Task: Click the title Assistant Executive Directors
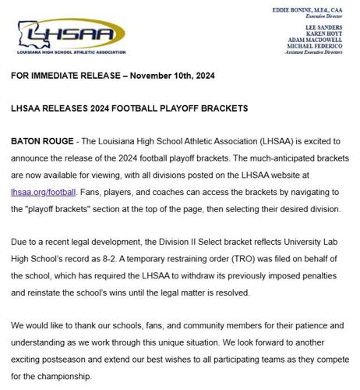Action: pyautogui.click(x=319, y=57)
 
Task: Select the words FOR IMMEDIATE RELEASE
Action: pyautogui.click(x=58, y=76)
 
